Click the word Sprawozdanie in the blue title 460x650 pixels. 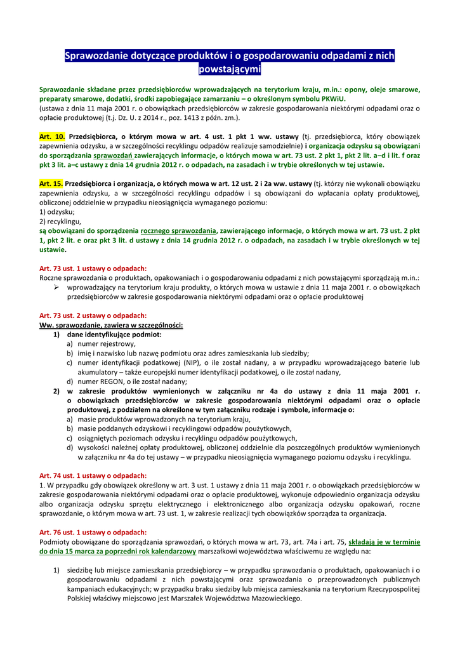[x=98, y=56]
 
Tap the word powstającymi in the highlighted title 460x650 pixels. [x=230, y=69]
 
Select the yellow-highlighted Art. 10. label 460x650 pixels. [x=52, y=136]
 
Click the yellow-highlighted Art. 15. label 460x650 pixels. [x=52, y=183]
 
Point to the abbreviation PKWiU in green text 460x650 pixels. [x=331, y=99]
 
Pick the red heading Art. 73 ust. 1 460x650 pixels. [x=93, y=269]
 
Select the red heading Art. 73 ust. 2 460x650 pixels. [x=93, y=315]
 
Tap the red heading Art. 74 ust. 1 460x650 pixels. [x=93, y=475]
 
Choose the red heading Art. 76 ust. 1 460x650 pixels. [x=93, y=532]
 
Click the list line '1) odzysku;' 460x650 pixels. [x=57, y=212]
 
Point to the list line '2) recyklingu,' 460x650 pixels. [x=60, y=222]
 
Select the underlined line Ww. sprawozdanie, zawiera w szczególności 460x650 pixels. [x=111, y=325]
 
